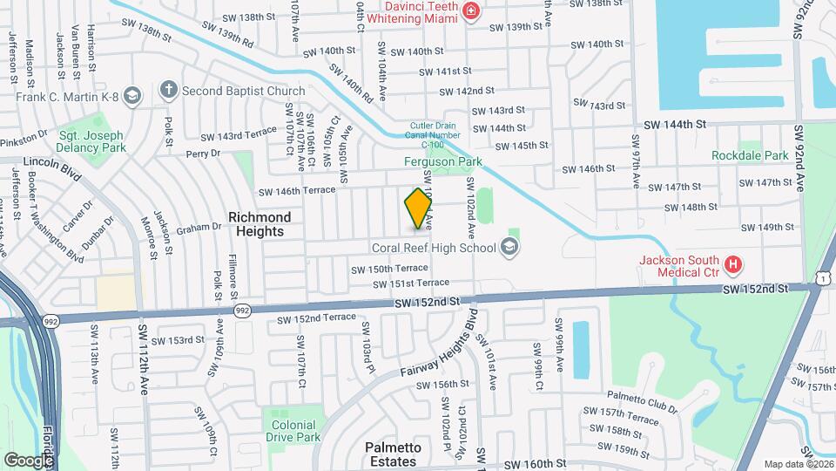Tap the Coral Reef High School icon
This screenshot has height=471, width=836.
(x=509, y=249)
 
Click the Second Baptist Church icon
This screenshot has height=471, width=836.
(x=169, y=91)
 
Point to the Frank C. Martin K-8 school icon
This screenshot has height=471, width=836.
(x=132, y=96)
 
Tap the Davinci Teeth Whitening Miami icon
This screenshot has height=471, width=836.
(x=471, y=10)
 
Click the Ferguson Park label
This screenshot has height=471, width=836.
(x=443, y=162)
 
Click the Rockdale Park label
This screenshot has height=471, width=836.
(x=750, y=156)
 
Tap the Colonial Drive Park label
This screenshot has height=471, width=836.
(x=291, y=431)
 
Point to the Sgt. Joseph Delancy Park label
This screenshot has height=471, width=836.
(x=91, y=141)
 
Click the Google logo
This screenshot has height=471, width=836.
(x=29, y=460)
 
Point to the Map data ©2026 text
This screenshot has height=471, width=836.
(x=798, y=464)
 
